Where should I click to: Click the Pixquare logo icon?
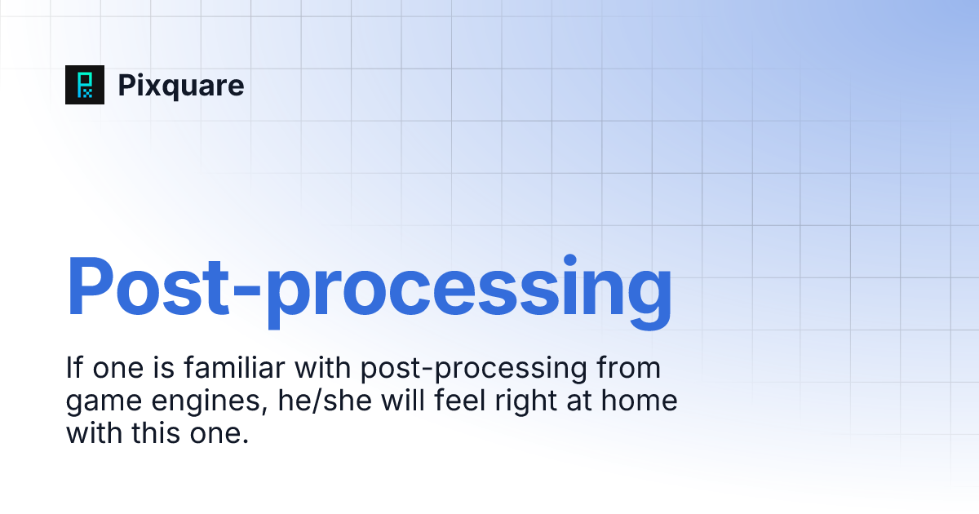tap(85, 85)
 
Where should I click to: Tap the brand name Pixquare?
tap(181, 86)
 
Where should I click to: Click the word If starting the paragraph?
tap(73, 369)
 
